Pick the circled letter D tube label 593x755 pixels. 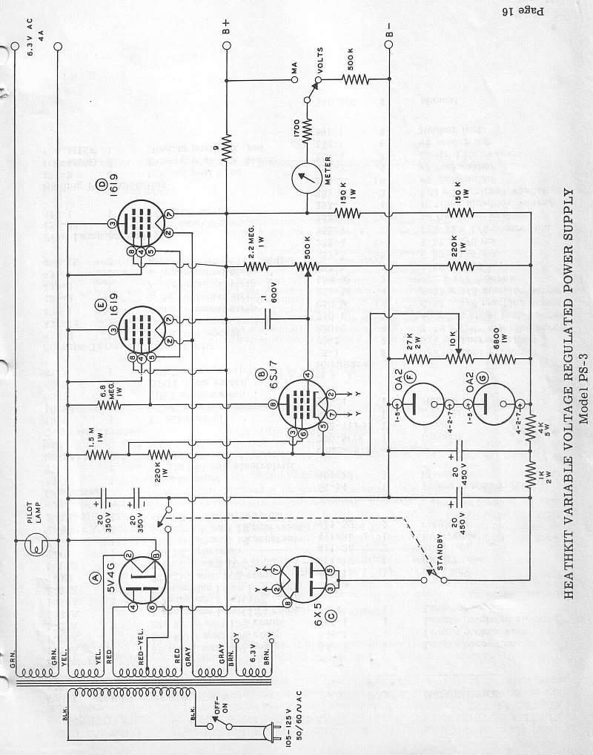tap(102, 183)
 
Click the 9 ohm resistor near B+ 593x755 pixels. tap(226, 146)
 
